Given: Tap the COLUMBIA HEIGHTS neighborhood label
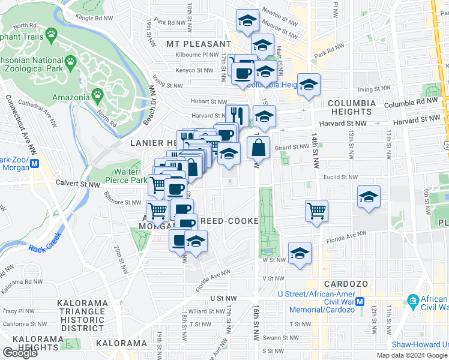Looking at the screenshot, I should [351, 107].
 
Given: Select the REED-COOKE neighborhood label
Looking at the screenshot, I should [229, 221].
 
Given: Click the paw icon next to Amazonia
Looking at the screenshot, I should [97, 94].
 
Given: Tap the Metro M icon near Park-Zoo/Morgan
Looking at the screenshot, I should [35, 163].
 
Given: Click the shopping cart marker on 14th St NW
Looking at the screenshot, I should [316, 211].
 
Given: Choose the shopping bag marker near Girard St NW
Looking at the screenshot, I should [258, 147].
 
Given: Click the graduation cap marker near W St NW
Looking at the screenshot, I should [300, 254].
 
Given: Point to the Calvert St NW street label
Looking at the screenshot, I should [77, 184].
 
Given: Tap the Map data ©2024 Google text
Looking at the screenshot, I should [412, 355].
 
